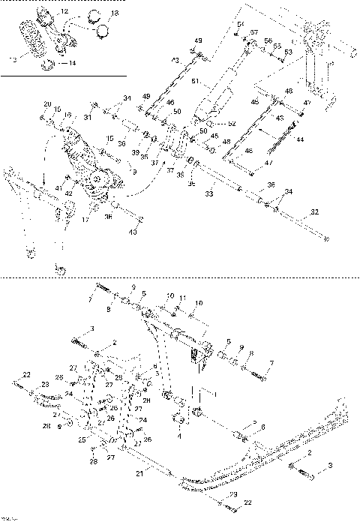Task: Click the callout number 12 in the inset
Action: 64,13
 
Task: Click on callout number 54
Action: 241,25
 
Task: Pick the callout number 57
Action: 254,34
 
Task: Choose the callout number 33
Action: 210,194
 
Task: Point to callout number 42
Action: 69,193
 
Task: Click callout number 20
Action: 46,103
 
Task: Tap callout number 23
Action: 45,384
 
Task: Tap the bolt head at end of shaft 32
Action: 328,239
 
